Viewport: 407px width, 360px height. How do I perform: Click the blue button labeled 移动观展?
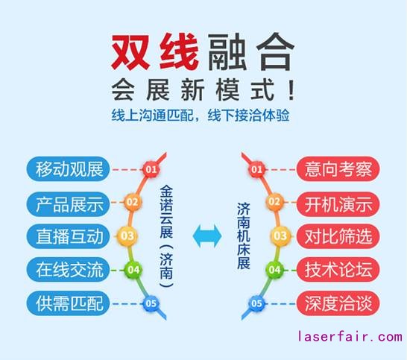68,169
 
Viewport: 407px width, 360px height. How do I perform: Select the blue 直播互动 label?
68,236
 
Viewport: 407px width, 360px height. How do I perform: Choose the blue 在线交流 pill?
68,269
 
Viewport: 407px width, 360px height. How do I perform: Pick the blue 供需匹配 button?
68,303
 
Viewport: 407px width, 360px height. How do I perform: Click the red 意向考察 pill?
338,169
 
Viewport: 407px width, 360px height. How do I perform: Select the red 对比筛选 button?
338,236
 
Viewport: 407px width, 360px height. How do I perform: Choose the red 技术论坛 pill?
338,269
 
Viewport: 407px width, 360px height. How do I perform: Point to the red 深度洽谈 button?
338,303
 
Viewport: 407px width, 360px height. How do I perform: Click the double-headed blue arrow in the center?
207,236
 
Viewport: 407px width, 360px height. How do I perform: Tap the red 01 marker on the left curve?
151,169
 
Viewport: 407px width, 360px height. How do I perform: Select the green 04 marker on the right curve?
274,270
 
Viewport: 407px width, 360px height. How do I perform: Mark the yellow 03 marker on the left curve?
127,236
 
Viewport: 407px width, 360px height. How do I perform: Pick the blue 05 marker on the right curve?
256,303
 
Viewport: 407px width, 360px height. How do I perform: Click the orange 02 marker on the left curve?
132,202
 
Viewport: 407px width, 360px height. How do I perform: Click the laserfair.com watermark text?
350,337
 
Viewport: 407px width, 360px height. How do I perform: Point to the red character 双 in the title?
130,52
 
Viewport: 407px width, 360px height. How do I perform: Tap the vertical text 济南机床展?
244,236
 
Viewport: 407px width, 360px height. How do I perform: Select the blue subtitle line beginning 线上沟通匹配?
201,115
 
